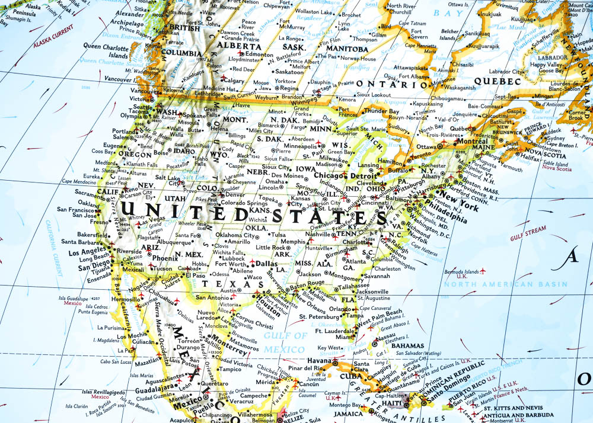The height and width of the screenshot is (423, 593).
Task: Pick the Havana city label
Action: tap(318, 361)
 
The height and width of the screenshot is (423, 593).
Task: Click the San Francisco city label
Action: tap(75, 209)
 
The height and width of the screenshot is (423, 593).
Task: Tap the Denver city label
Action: tap(235, 194)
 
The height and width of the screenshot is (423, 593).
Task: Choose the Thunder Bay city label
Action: tap(381, 111)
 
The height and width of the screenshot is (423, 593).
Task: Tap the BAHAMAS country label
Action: tap(410, 345)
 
